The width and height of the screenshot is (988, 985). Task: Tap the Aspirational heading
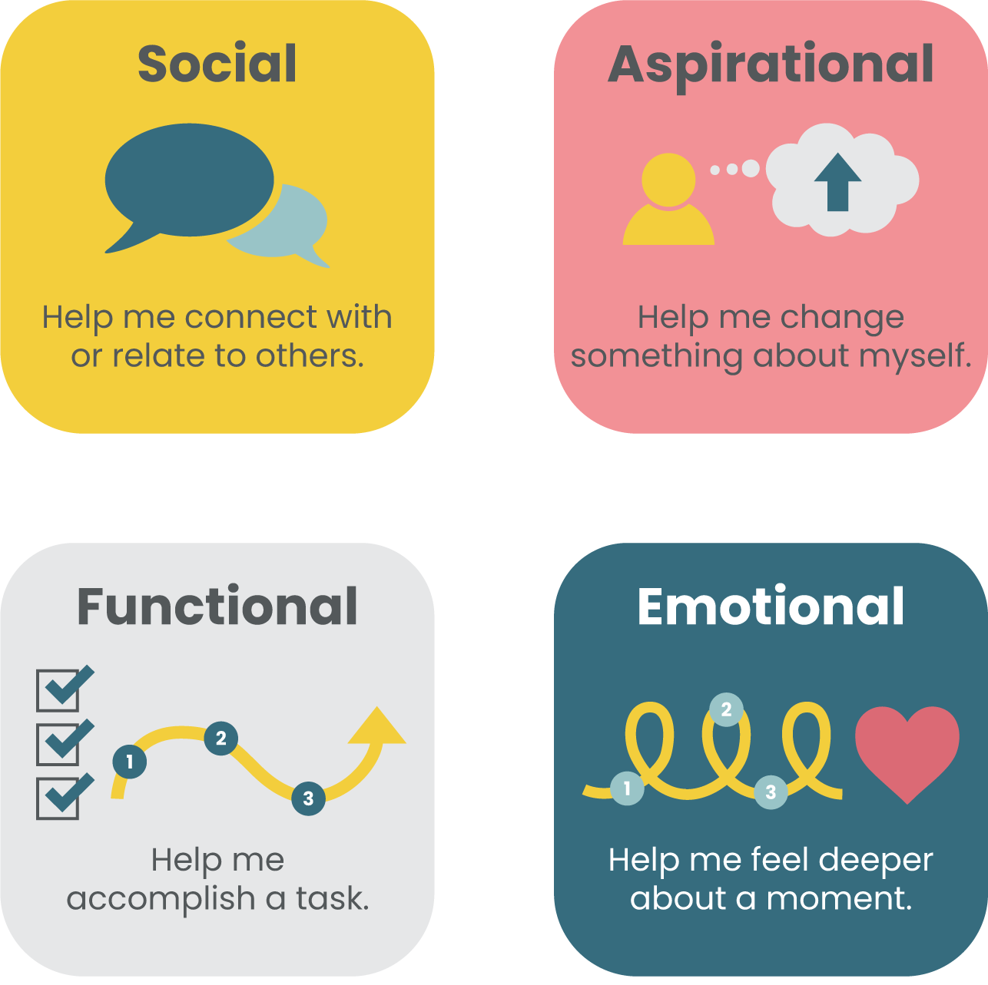tap(771, 65)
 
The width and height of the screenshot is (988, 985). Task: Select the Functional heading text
tap(217, 607)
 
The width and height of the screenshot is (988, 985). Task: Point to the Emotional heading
tap(771, 607)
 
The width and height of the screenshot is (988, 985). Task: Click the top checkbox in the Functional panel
tap(59, 689)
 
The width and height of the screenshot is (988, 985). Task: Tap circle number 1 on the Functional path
tap(129, 762)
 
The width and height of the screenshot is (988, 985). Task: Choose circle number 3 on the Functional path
tap(308, 798)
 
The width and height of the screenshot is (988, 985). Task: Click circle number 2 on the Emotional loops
tap(726, 710)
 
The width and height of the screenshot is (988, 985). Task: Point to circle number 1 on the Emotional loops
tap(627, 788)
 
